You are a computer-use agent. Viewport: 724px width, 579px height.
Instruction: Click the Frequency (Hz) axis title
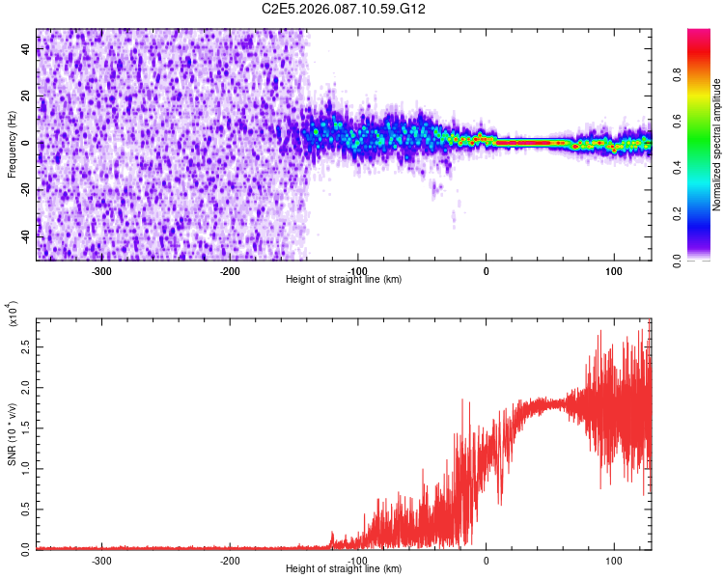point(12,145)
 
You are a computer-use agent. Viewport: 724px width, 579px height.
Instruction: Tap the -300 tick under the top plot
point(102,271)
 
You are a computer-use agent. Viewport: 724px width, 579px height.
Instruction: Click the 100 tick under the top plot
point(613,271)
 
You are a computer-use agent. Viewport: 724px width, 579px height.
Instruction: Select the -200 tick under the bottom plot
point(230,561)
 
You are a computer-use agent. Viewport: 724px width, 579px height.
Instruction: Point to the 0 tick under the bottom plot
point(486,561)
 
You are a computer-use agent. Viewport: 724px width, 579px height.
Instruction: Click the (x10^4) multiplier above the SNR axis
point(13,315)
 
